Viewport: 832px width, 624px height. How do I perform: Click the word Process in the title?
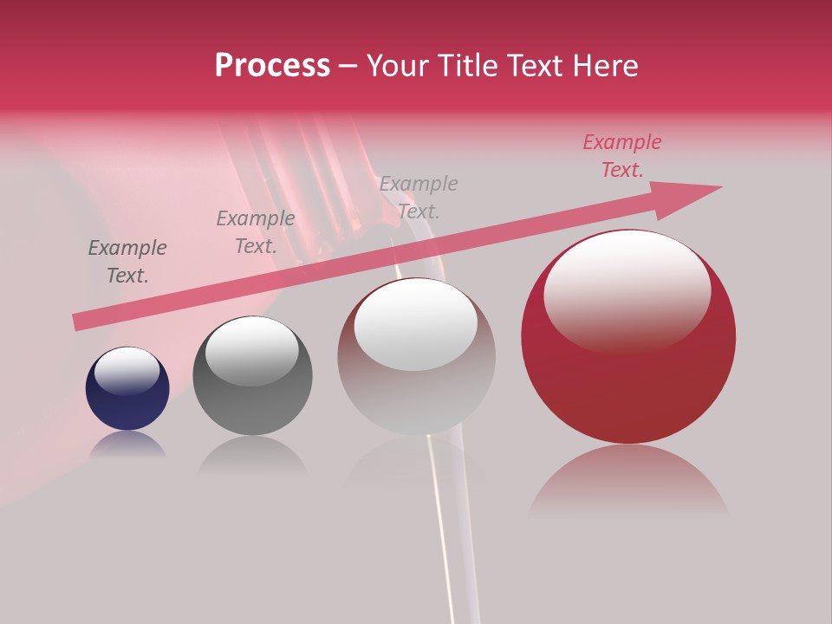(x=272, y=66)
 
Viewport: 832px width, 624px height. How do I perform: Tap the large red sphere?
(x=628, y=364)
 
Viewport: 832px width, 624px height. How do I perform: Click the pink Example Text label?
(x=622, y=156)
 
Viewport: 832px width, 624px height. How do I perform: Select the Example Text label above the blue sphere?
(x=127, y=262)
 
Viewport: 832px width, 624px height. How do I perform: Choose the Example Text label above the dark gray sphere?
(x=256, y=232)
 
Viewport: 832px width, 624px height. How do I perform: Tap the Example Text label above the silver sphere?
(x=419, y=198)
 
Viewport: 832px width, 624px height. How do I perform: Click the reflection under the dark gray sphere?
(x=252, y=454)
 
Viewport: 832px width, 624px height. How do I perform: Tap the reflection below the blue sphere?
(x=127, y=444)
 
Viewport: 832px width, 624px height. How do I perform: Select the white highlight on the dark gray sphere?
(x=251, y=350)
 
